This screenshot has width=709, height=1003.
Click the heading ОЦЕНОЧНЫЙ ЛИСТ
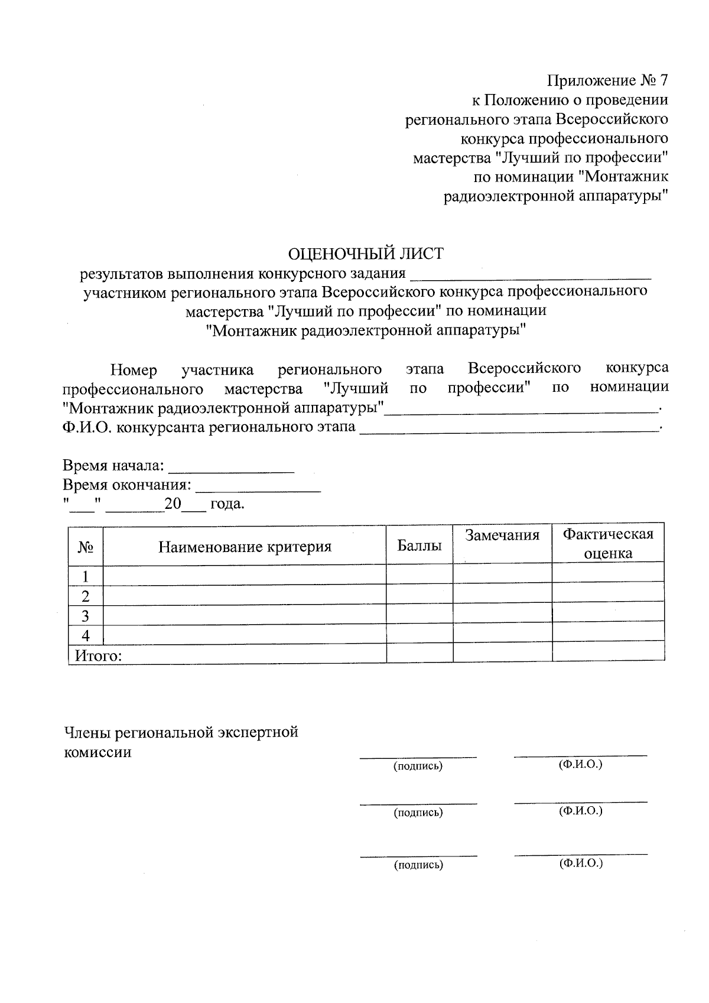[365, 254]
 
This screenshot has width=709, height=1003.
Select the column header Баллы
[419, 546]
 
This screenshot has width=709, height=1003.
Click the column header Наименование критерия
[245, 546]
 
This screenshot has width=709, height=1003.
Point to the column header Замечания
[502, 535]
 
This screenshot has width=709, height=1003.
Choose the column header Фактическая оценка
[608, 544]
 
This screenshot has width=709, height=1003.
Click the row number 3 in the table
[86, 616]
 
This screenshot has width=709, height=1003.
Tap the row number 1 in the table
[86, 576]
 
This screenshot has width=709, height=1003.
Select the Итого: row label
[98, 655]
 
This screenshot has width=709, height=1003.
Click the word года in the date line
[227, 504]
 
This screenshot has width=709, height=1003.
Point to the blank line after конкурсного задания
[530, 275]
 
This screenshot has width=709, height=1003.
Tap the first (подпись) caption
[418, 767]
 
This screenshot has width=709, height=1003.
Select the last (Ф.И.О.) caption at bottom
[581, 864]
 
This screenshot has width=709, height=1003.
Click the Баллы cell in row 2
[419, 595]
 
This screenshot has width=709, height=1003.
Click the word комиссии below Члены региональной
[97, 752]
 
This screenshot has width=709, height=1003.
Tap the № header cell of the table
[86, 547]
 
